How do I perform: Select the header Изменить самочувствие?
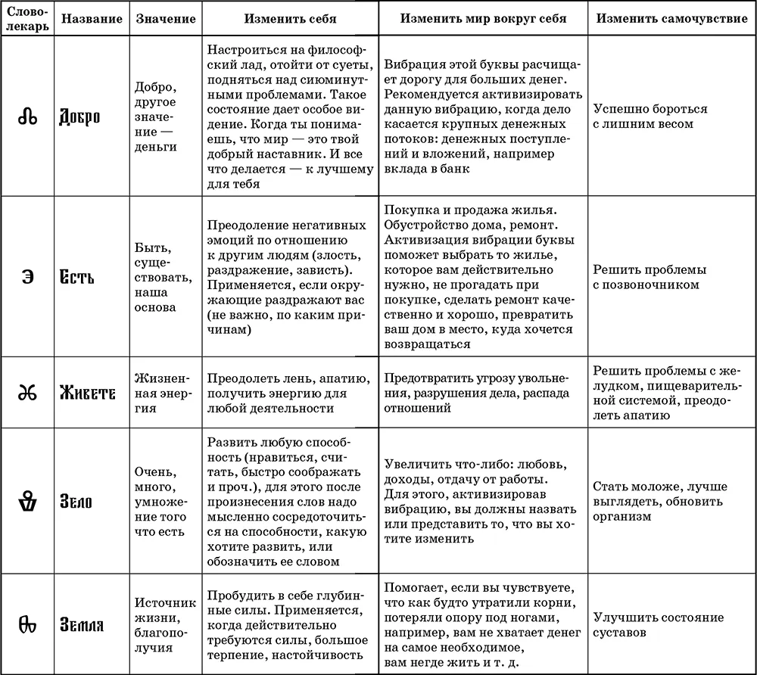(x=671, y=19)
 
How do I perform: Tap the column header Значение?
(x=165, y=19)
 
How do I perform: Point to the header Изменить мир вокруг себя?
(x=483, y=19)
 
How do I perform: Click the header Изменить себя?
(x=290, y=19)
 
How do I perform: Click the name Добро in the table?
(x=79, y=117)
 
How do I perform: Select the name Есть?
(x=77, y=276)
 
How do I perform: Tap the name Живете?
(x=88, y=393)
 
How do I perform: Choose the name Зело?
(x=76, y=500)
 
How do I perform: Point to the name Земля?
(x=83, y=625)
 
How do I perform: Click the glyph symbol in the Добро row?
(x=28, y=117)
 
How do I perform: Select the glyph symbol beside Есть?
(x=28, y=276)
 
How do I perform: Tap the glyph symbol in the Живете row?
(x=28, y=393)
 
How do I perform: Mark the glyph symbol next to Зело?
(x=28, y=500)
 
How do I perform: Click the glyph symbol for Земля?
(x=28, y=625)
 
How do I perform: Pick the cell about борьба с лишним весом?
(x=650, y=117)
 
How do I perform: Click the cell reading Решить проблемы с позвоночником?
(x=650, y=277)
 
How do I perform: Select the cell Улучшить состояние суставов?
(x=657, y=625)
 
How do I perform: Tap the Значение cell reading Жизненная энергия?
(x=164, y=393)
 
